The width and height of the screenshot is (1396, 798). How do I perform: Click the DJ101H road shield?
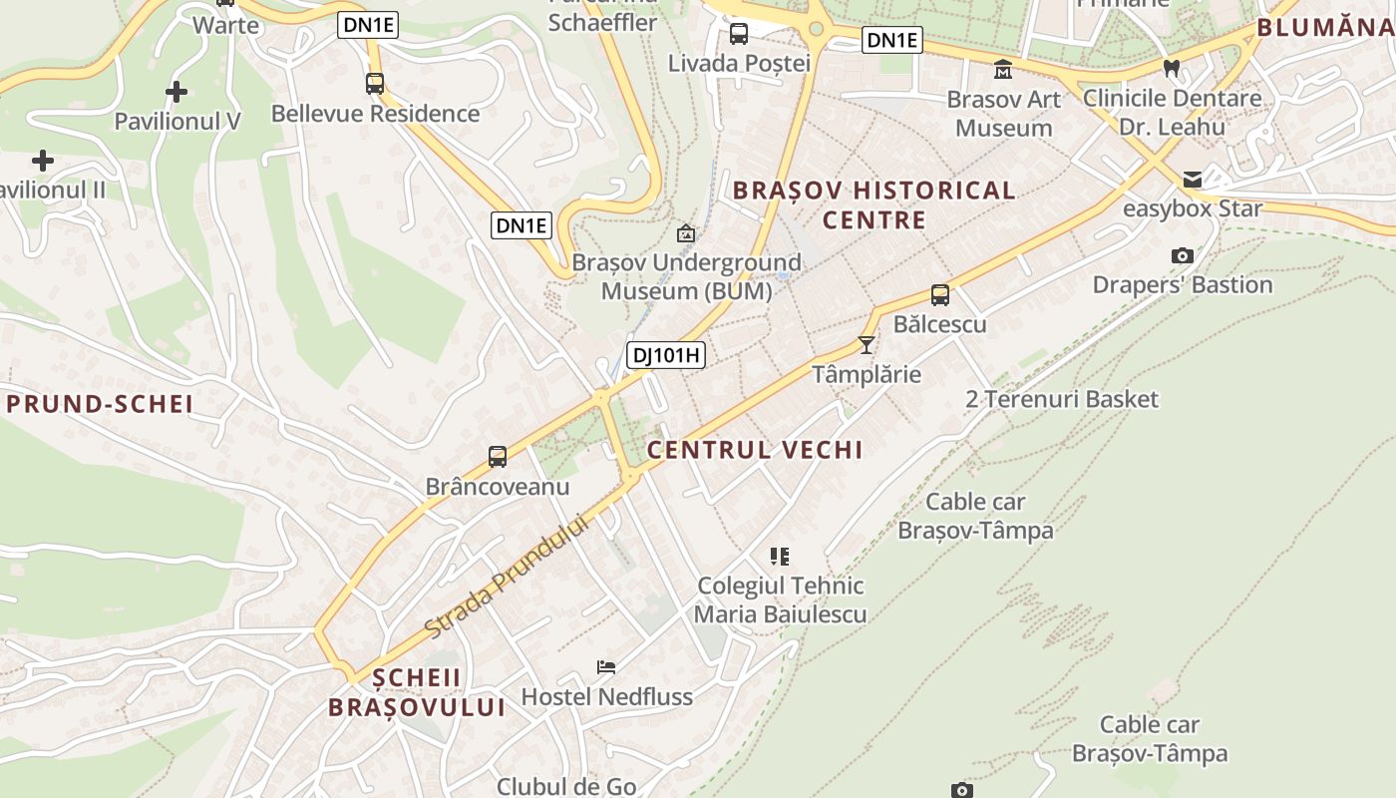tap(666, 354)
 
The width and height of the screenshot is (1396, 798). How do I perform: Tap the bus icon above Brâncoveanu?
tap(498, 457)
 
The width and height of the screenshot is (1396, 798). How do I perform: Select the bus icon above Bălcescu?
tap(939, 295)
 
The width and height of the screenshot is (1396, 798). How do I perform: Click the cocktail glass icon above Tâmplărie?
tap(866, 345)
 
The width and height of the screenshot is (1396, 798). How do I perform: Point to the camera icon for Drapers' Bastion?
tap(1182, 255)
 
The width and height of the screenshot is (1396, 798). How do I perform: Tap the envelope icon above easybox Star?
tap(1192, 180)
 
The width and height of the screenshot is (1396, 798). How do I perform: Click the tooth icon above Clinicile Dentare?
tap(1172, 69)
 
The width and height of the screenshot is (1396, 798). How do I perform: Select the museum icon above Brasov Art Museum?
tap(1003, 70)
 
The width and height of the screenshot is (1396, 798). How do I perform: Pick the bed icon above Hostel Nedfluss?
tap(606, 666)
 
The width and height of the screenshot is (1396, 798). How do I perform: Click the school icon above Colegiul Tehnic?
tap(780, 556)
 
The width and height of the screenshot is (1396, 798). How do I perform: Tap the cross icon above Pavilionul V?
tap(176, 93)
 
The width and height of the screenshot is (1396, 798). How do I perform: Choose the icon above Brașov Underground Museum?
tap(686, 233)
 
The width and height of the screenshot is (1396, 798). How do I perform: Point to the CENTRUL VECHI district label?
tap(755, 450)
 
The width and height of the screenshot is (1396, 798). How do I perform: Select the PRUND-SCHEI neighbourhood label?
tap(100, 404)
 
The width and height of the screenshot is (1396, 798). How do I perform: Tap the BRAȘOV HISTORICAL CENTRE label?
tap(873, 204)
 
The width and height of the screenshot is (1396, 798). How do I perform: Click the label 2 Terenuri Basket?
tap(1062, 400)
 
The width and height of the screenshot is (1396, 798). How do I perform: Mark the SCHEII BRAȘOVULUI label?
tap(417, 692)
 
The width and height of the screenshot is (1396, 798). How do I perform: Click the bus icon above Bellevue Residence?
tap(375, 84)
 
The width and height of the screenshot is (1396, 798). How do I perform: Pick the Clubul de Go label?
tap(566, 786)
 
